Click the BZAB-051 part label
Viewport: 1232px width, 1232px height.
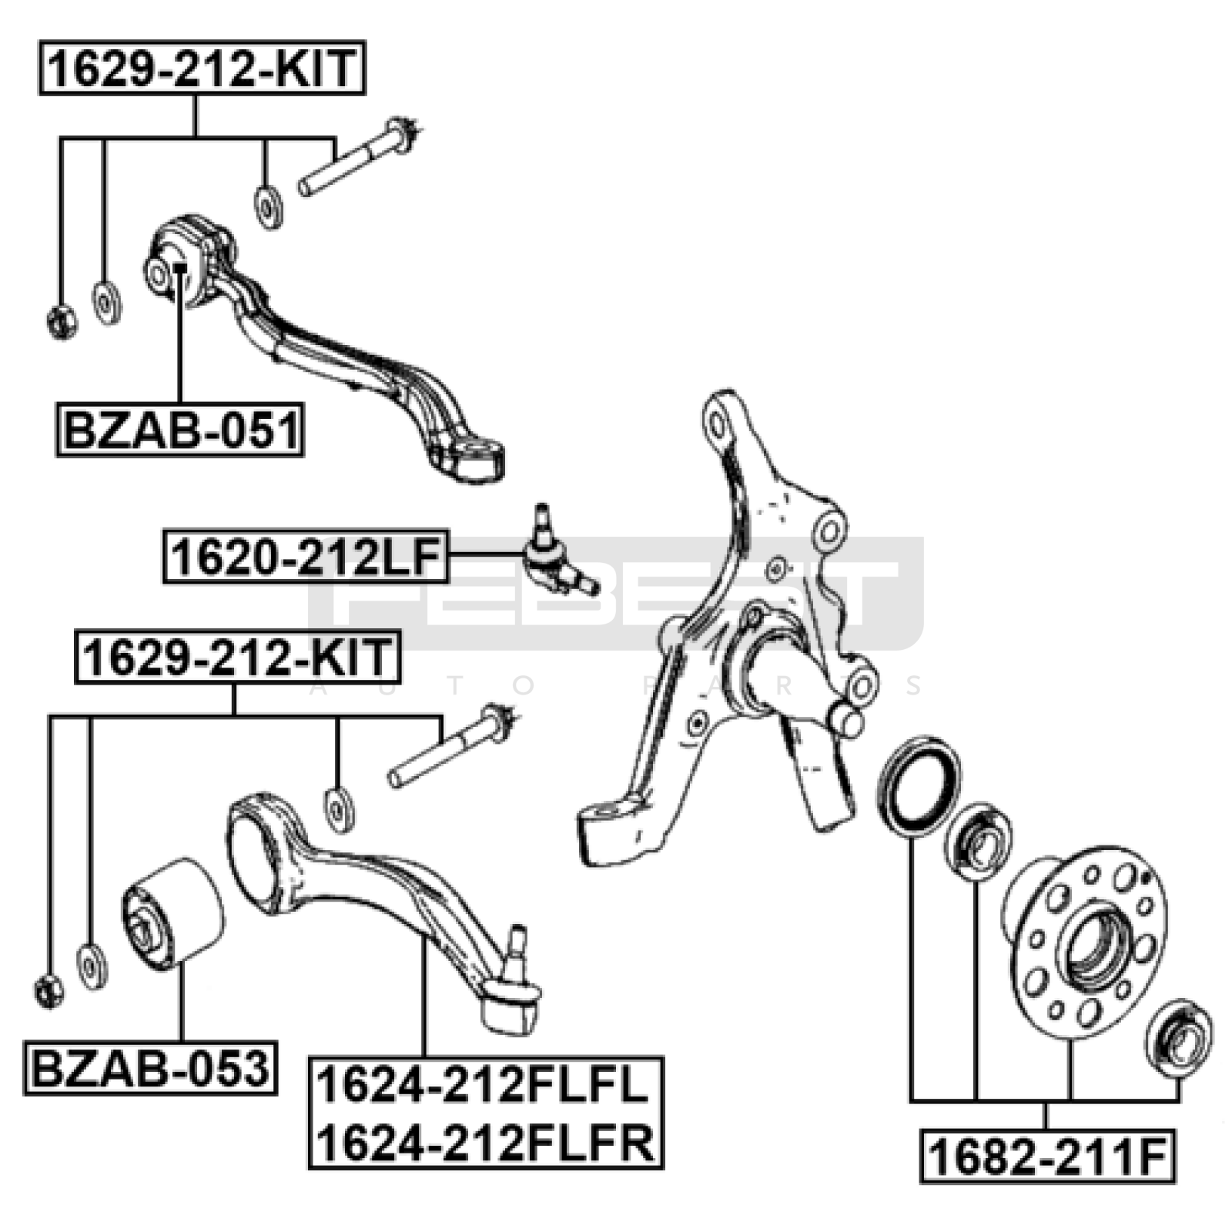click(180, 430)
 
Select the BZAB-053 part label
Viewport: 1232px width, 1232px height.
click(150, 1068)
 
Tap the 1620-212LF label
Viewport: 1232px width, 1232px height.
click(306, 556)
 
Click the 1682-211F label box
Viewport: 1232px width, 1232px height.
click(1048, 1155)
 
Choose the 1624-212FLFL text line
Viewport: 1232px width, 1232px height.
click(484, 1085)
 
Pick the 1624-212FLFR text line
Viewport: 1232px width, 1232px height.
click(486, 1142)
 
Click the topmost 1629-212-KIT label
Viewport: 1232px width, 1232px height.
click(202, 68)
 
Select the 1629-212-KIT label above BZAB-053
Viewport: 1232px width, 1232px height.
click(238, 657)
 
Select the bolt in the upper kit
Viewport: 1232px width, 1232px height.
click(357, 157)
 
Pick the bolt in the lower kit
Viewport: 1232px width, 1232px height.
click(452, 745)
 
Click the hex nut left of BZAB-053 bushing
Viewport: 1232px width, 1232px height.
click(49, 990)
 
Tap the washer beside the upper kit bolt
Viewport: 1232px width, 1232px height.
click(268, 206)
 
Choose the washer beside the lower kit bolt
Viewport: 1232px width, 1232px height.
click(340, 808)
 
